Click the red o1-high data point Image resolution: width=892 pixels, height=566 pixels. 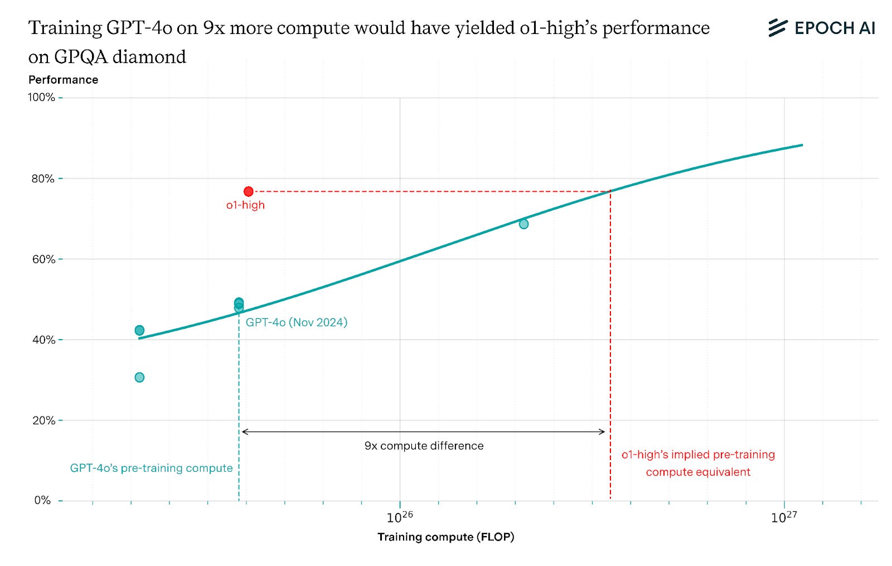tap(249, 191)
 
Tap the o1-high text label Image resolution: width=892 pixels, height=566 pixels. tap(245, 205)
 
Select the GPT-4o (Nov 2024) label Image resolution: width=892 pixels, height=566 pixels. tap(296, 322)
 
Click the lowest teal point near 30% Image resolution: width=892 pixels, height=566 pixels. tap(139, 378)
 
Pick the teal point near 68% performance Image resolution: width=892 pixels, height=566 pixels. tap(523, 224)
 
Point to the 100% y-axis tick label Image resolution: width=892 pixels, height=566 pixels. tap(42, 98)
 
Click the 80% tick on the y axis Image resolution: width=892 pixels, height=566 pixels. tap(43, 179)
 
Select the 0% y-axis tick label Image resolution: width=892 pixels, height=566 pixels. tap(43, 500)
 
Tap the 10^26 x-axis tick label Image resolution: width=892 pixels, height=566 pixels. tap(400, 517)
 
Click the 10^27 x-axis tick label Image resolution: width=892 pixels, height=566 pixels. tap(784, 517)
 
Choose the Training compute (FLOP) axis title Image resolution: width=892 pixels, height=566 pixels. tap(445, 537)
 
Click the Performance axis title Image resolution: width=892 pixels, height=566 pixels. tap(63, 80)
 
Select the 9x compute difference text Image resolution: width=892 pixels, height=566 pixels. tap(424, 446)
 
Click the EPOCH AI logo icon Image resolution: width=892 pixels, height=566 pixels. tap(777, 28)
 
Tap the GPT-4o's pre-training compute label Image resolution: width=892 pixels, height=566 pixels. tap(151, 468)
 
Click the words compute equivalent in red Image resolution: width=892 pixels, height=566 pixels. tap(698, 472)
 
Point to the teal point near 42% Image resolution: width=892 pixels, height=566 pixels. tap(139, 330)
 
